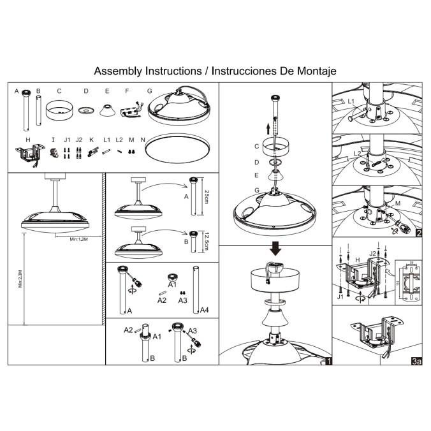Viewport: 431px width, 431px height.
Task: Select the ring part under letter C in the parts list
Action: (59, 110)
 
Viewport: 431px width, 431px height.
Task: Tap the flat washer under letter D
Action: (85, 111)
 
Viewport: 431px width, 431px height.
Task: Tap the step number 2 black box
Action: (418, 233)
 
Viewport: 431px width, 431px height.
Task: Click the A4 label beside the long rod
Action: (204, 310)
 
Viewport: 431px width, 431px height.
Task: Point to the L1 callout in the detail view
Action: (351, 102)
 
